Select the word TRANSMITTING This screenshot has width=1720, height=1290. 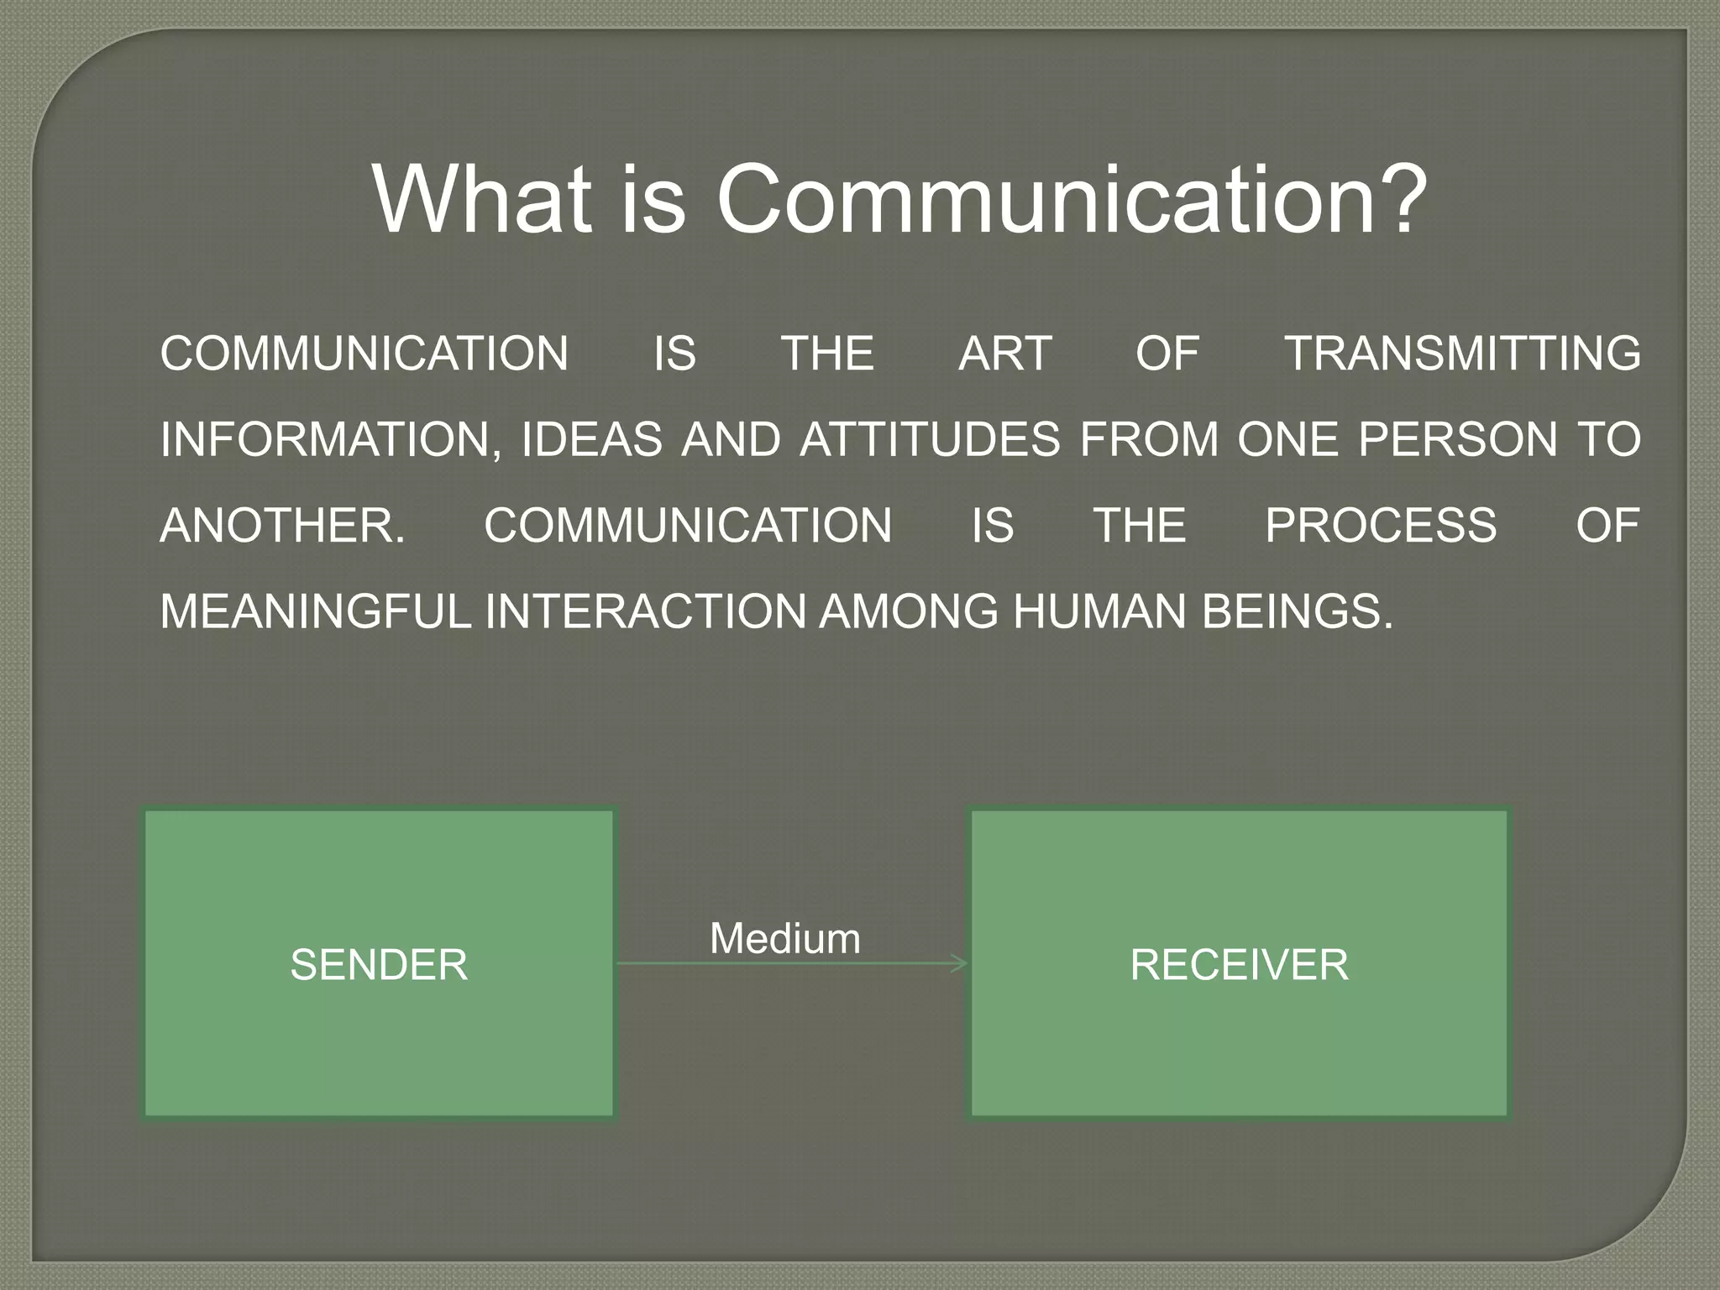(x=1463, y=354)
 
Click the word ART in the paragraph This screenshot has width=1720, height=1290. (x=1004, y=354)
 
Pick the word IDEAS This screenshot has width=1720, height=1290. (x=591, y=440)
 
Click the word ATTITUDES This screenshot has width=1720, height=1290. (x=931, y=440)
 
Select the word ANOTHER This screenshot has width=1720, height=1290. (x=282, y=526)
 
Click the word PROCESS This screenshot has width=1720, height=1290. (x=1381, y=526)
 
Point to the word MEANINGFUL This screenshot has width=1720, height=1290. (x=316, y=611)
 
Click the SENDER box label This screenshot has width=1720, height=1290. (x=379, y=964)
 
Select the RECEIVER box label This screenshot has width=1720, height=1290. (x=1239, y=964)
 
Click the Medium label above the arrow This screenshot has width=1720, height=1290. (x=785, y=938)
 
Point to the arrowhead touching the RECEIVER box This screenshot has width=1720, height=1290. (x=961, y=963)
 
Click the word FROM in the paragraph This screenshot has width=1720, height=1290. (x=1149, y=440)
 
